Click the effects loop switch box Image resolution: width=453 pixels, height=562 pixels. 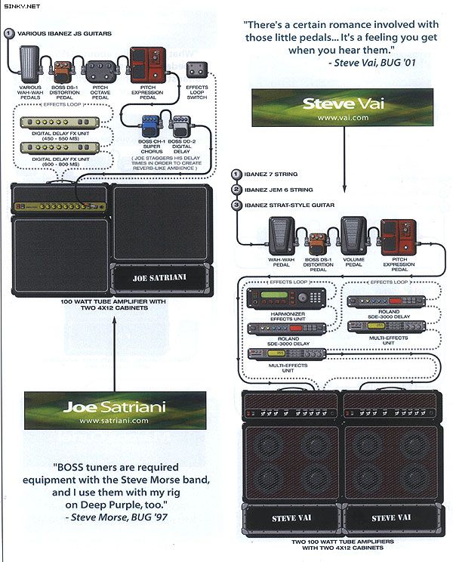click(x=199, y=72)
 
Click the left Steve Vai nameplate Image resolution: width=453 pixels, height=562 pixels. click(x=290, y=518)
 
